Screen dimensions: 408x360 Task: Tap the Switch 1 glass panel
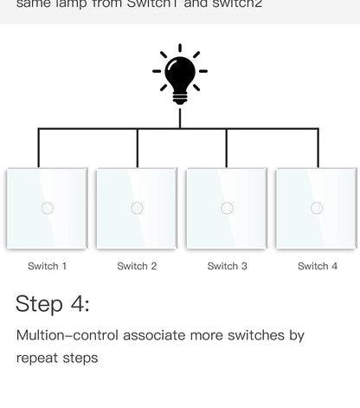point(47,209)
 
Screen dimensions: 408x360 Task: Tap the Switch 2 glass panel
point(137,209)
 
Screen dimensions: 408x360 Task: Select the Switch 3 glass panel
point(227,209)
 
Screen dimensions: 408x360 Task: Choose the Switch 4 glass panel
point(317,209)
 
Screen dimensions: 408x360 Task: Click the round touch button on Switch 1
point(47,208)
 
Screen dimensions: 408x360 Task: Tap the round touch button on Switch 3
point(227,208)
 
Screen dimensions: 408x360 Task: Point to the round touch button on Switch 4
point(317,208)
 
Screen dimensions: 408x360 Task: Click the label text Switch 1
point(47,266)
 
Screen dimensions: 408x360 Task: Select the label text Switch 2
point(137,266)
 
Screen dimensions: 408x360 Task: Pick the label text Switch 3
point(227,266)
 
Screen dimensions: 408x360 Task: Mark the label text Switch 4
point(317,266)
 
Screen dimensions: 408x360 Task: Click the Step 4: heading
point(52,304)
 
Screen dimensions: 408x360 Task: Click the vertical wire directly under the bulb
point(180,117)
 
